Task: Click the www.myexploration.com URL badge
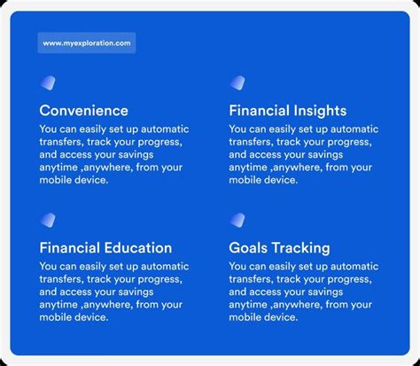pos(87,42)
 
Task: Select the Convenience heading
pos(83,111)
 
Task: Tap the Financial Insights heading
pos(287,111)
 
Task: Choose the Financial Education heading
pos(105,248)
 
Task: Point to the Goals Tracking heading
pos(279,248)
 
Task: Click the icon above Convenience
pos(48,83)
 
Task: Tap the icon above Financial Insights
pos(237,83)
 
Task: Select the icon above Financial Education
pos(48,220)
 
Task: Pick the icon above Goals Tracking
pos(237,220)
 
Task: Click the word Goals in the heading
pos(248,248)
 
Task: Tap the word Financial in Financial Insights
pos(258,111)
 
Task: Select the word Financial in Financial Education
pos(68,248)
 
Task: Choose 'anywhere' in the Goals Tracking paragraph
pos(303,305)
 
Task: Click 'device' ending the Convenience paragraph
pos(89,180)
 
